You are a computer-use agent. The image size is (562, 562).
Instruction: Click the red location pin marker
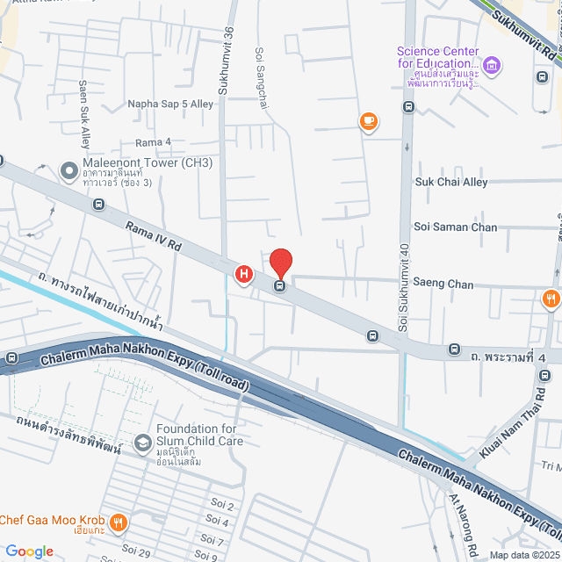pos(280,263)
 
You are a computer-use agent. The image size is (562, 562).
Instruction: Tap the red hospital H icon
pos(244,276)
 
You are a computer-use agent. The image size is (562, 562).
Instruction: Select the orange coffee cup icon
pos(369,122)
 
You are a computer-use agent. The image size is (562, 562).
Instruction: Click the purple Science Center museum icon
pos(493,64)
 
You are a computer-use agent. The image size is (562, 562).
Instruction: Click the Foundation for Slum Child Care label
pos(199,435)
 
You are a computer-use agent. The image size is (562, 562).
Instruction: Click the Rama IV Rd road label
pos(154,236)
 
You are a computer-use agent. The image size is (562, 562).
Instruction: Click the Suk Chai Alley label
pos(450,182)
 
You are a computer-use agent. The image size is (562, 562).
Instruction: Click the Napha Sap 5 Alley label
pos(170,104)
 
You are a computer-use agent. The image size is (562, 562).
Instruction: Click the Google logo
pos(28,551)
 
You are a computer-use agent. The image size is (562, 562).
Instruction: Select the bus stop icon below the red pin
pos(280,285)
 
